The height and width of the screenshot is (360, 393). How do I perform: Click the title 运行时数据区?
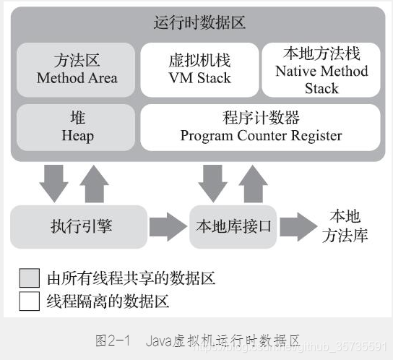coord(199,22)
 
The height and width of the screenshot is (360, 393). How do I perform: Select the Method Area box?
coord(77,69)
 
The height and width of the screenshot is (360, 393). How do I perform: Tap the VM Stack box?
coord(199,69)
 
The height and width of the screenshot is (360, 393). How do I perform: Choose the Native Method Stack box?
coord(321,69)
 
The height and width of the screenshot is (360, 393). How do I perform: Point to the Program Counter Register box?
coord(261,127)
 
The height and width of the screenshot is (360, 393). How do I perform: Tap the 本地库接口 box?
coord(234,226)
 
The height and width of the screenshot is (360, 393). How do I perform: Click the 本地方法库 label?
coord(344,226)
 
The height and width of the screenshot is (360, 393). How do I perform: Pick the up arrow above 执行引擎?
coord(94,184)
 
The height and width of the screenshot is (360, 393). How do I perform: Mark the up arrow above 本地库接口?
coord(253,184)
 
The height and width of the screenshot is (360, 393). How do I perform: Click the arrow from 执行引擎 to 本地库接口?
coord(168,226)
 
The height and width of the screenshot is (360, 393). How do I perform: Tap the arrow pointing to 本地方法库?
coord(299,226)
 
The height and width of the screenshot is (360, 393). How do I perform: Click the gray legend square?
coord(30,278)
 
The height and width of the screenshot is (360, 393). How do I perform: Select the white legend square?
coord(30,301)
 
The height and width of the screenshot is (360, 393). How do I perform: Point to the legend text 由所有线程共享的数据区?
coord(131,278)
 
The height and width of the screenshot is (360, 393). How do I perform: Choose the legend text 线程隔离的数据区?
coord(108,301)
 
